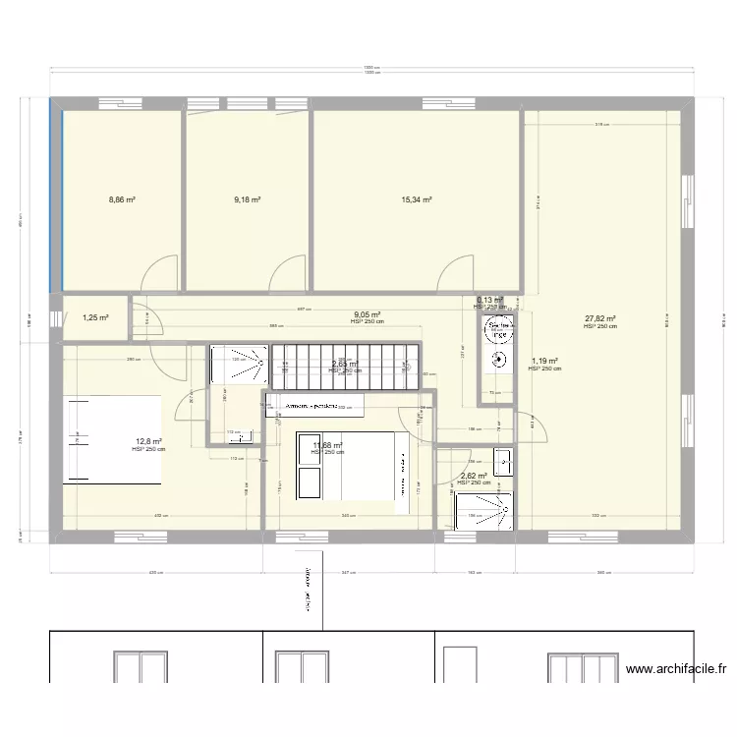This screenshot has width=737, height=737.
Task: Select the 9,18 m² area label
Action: point(247,199)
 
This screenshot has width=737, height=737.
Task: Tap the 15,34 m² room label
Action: point(417,199)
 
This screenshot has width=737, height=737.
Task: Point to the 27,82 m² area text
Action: point(599,318)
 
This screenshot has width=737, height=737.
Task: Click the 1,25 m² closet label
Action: point(95,317)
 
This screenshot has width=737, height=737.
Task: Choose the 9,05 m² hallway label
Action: point(368,315)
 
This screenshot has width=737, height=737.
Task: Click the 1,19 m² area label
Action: point(544,362)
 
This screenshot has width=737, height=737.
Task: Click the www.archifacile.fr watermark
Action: point(675,669)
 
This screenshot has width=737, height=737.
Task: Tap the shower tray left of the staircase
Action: point(239,366)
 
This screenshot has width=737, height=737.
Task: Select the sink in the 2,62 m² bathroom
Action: point(502,460)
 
